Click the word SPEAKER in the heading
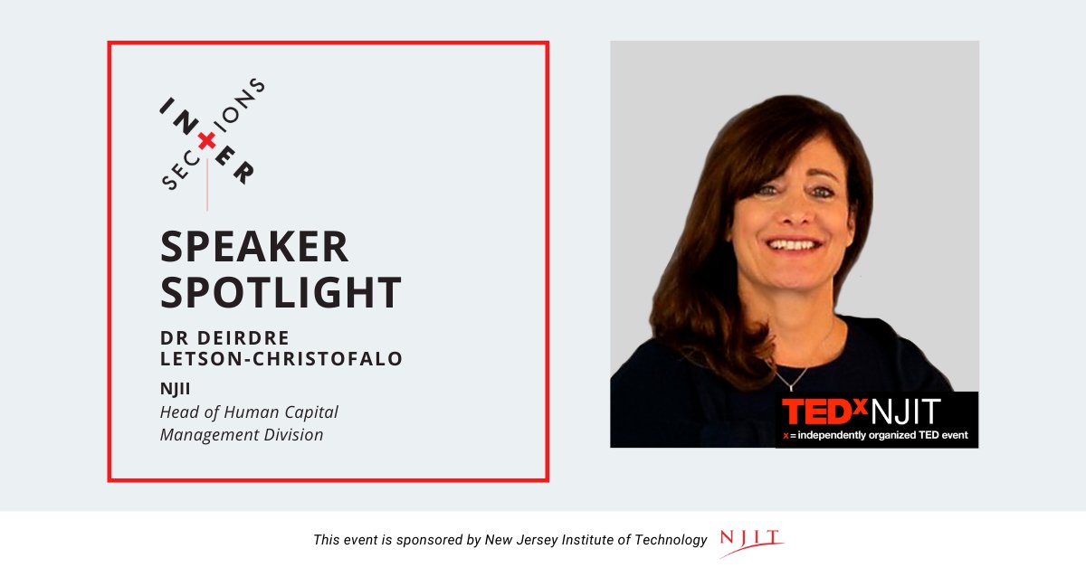(x=254, y=247)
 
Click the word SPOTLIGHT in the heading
(x=281, y=292)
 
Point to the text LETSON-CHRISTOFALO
(x=281, y=358)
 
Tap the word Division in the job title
(x=293, y=435)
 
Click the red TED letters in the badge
(x=816, y=412)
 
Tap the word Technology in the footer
(x=670, y=540)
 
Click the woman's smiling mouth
(x=794, y=245)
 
